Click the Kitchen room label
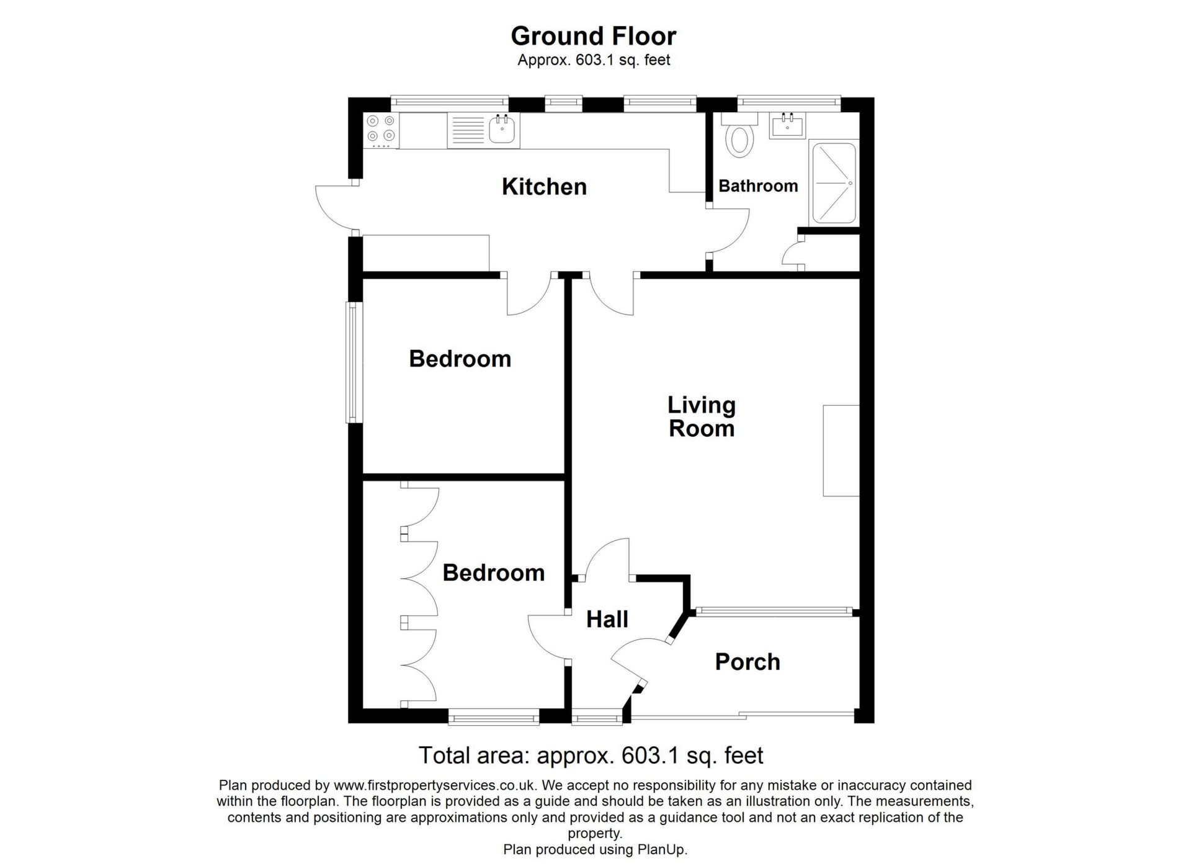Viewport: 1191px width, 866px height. pos(544,187)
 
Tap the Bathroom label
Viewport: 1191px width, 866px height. pos(758,186)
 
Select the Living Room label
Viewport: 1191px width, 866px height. pos(702,417)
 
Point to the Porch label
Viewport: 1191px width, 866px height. pos(747,662)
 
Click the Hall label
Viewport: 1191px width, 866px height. pos(607,619)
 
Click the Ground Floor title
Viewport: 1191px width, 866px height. pos(594,36)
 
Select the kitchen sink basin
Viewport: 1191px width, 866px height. pos(503,130)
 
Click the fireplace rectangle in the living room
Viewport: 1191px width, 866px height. pos(841,450)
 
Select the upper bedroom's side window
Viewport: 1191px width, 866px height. pos(354,362)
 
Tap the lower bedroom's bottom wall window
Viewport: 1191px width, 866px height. pos(494,718)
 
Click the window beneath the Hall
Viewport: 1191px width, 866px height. pos(597,719)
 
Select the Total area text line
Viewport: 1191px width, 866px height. pos(591,756)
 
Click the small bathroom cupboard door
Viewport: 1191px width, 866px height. pos(793,254)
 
